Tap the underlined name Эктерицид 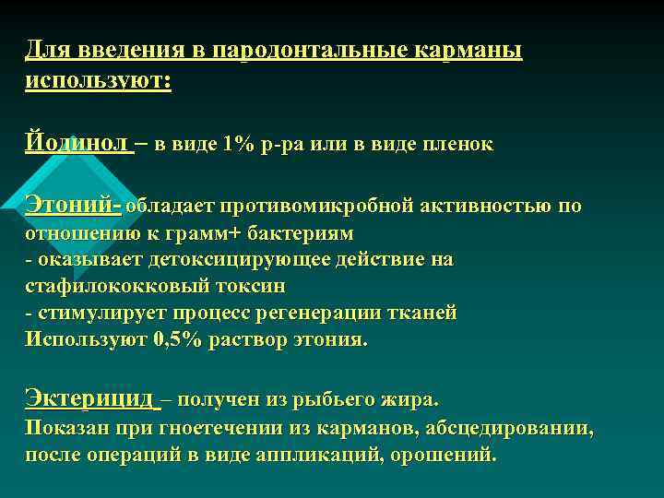coord(89,398)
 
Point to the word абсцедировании coord(511,429)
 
